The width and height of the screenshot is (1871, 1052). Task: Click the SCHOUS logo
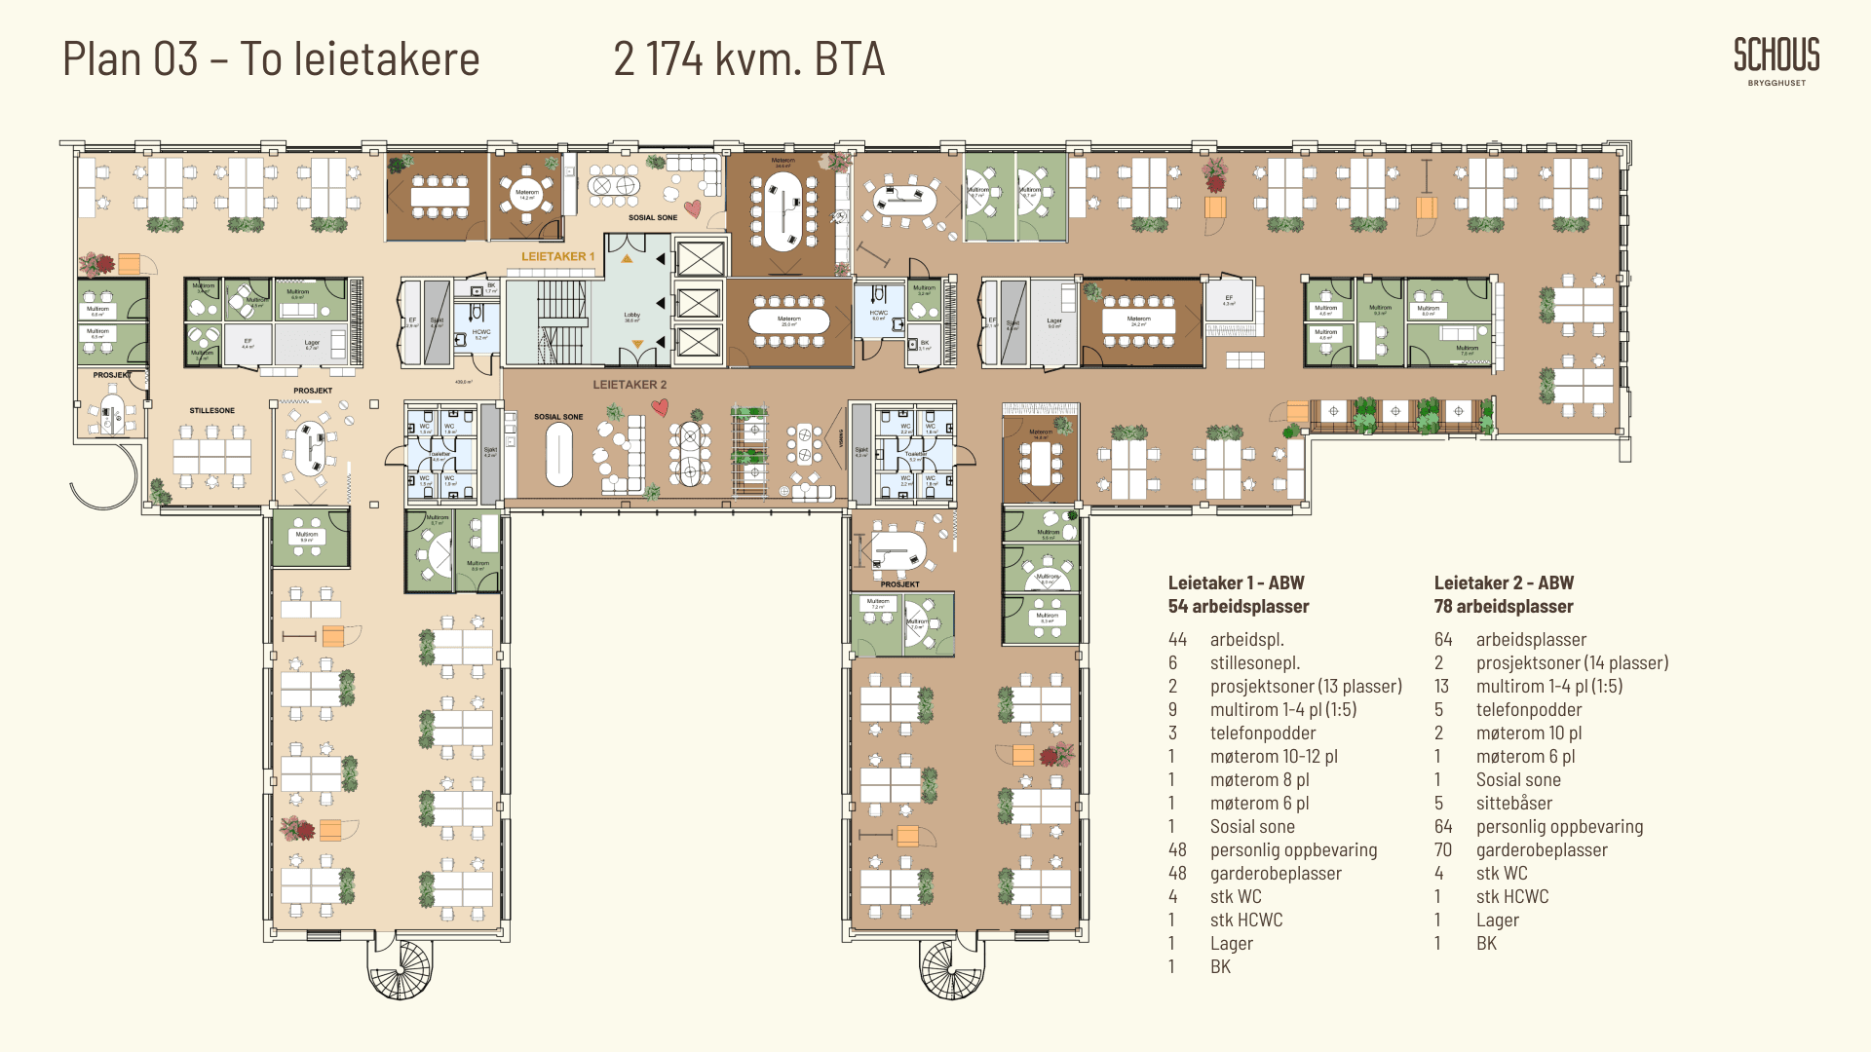[x=1776, y=56]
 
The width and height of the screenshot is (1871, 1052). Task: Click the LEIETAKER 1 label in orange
[x=557, y=257]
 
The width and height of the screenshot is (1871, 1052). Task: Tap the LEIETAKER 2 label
[x=630, y=385]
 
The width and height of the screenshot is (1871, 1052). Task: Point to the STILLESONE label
[x=211, y=411]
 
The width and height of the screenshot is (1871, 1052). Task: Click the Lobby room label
[x=631, y=316]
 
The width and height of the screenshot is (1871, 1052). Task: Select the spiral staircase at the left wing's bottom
[x=399, y=968]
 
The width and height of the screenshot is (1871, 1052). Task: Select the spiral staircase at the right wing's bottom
[x=952, y=968]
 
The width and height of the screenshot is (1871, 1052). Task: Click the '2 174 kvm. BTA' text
[x=748, y=59]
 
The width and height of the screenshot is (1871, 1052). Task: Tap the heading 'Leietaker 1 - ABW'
[x=1236, y=582]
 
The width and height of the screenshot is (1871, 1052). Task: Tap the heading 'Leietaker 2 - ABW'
[x=1504, y=582]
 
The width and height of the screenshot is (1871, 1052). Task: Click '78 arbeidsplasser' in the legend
[x=1504, y=606]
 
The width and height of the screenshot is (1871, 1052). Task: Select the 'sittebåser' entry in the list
[x=1513, y=803]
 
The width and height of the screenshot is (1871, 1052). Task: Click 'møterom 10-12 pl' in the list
[x=1273, y=756]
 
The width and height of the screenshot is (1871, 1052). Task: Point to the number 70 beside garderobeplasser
[x=1442, y=849]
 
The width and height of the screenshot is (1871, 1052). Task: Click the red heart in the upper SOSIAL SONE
[x=692, y=208]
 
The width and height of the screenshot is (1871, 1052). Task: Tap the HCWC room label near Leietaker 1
[x=481, y=332]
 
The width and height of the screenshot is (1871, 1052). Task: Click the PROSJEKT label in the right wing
[x=899, y=584]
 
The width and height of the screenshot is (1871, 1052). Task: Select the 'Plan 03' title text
[x=131, y=59]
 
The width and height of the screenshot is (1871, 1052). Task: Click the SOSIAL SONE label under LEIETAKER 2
[x=558, y=417]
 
